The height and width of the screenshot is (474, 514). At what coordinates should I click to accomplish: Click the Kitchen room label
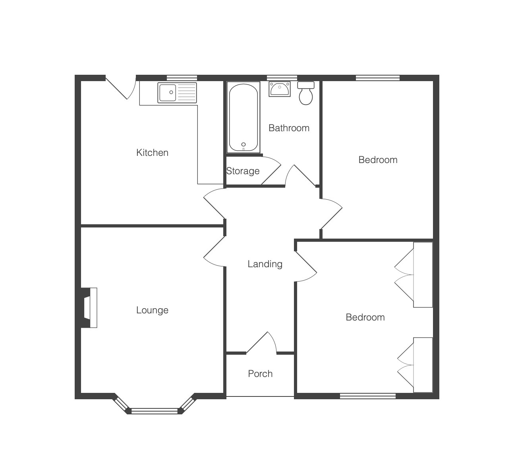coord(152,153)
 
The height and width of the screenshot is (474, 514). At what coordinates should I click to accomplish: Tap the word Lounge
coord(152,311)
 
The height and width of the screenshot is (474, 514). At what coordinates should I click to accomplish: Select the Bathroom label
coord(289,128)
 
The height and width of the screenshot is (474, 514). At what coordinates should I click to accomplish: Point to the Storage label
coord(243,171)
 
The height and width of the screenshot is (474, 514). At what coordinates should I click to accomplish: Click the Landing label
coord(265,264)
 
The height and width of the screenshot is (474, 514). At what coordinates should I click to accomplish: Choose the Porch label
coord(260,374)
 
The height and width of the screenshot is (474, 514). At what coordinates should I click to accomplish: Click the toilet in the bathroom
coord(306,93)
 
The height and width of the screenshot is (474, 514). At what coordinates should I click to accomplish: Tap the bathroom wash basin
coord(280,89)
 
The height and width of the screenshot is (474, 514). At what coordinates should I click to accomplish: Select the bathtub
coord(243,117)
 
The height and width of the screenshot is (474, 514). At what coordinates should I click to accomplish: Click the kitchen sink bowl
coord(168,93)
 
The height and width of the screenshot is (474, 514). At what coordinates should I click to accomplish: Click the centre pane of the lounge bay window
coord(155,412)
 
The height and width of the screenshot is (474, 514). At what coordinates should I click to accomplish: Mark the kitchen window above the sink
coord(182,78)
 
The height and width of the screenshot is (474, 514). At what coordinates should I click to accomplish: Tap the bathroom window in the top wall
coord(282,78)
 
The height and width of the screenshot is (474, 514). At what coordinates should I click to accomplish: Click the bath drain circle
coord(243,144)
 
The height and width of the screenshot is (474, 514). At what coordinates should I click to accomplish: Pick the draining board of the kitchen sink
coord(187,93)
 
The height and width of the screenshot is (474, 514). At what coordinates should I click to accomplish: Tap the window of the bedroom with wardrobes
coord(368,396)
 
